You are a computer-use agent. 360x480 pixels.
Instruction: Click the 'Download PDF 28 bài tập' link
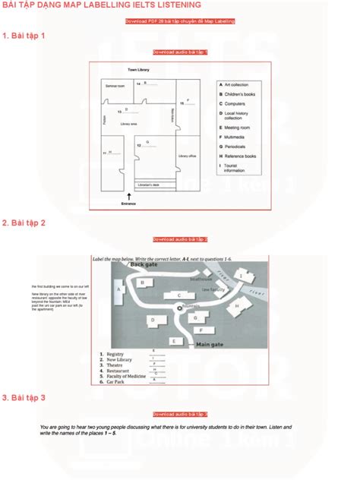(180, 21)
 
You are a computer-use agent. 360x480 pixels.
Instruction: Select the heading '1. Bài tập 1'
(24, 36)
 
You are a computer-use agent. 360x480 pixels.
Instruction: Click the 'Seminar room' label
(116, 86)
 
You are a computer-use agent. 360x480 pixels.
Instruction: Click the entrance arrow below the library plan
(128, 195)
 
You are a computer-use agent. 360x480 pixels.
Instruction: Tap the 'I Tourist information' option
(236, 168)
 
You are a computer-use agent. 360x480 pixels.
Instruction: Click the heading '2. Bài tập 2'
(24, 223)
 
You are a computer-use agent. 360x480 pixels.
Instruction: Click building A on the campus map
(118, 288)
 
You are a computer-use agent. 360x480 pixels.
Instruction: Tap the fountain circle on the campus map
(180, 307)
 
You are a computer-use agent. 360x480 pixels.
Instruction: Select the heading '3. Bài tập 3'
(24, 397)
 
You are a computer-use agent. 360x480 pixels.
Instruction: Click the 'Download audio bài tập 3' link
(180, 414)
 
